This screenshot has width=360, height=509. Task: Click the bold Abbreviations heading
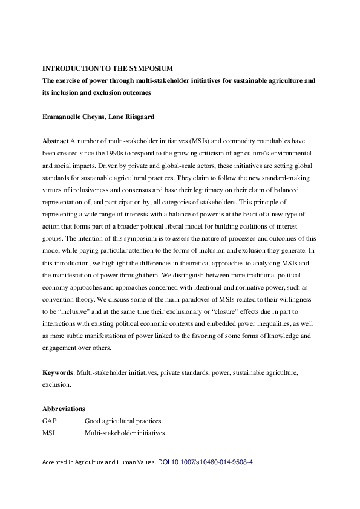point(64,409)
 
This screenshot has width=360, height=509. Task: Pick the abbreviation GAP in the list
point(50,421)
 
